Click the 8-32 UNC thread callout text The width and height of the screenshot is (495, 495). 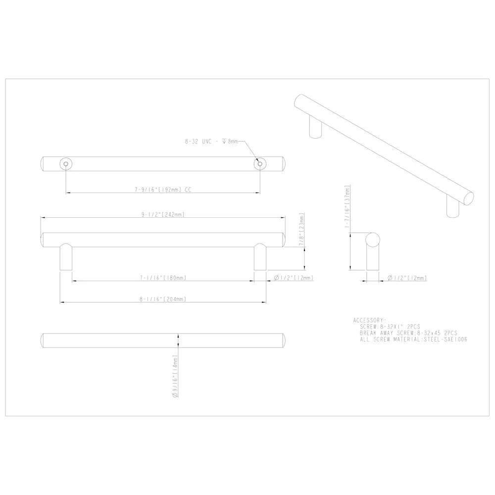pyautogui.click(x=211, y=142)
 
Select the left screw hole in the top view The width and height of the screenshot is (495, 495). pyautogui.click(x=66, y=164)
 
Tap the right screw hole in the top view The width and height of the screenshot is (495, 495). pyautogui.click(x=260, y=164)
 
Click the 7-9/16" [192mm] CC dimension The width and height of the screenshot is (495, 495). pyautogui.click(x=163, y=190)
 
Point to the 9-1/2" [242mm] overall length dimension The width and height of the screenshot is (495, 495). pyautogui.click(x=163, y=215)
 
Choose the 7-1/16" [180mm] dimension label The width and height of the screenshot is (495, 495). pyautogui.click(x=163, y=278)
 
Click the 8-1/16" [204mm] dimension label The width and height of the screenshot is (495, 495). pyautogui.click(x=163, y=299)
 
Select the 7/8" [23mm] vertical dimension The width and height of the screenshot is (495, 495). pyautogui.click(x=302, y=229)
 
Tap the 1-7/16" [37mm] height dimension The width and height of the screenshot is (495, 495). pyautogui.click(x=347, y=206)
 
